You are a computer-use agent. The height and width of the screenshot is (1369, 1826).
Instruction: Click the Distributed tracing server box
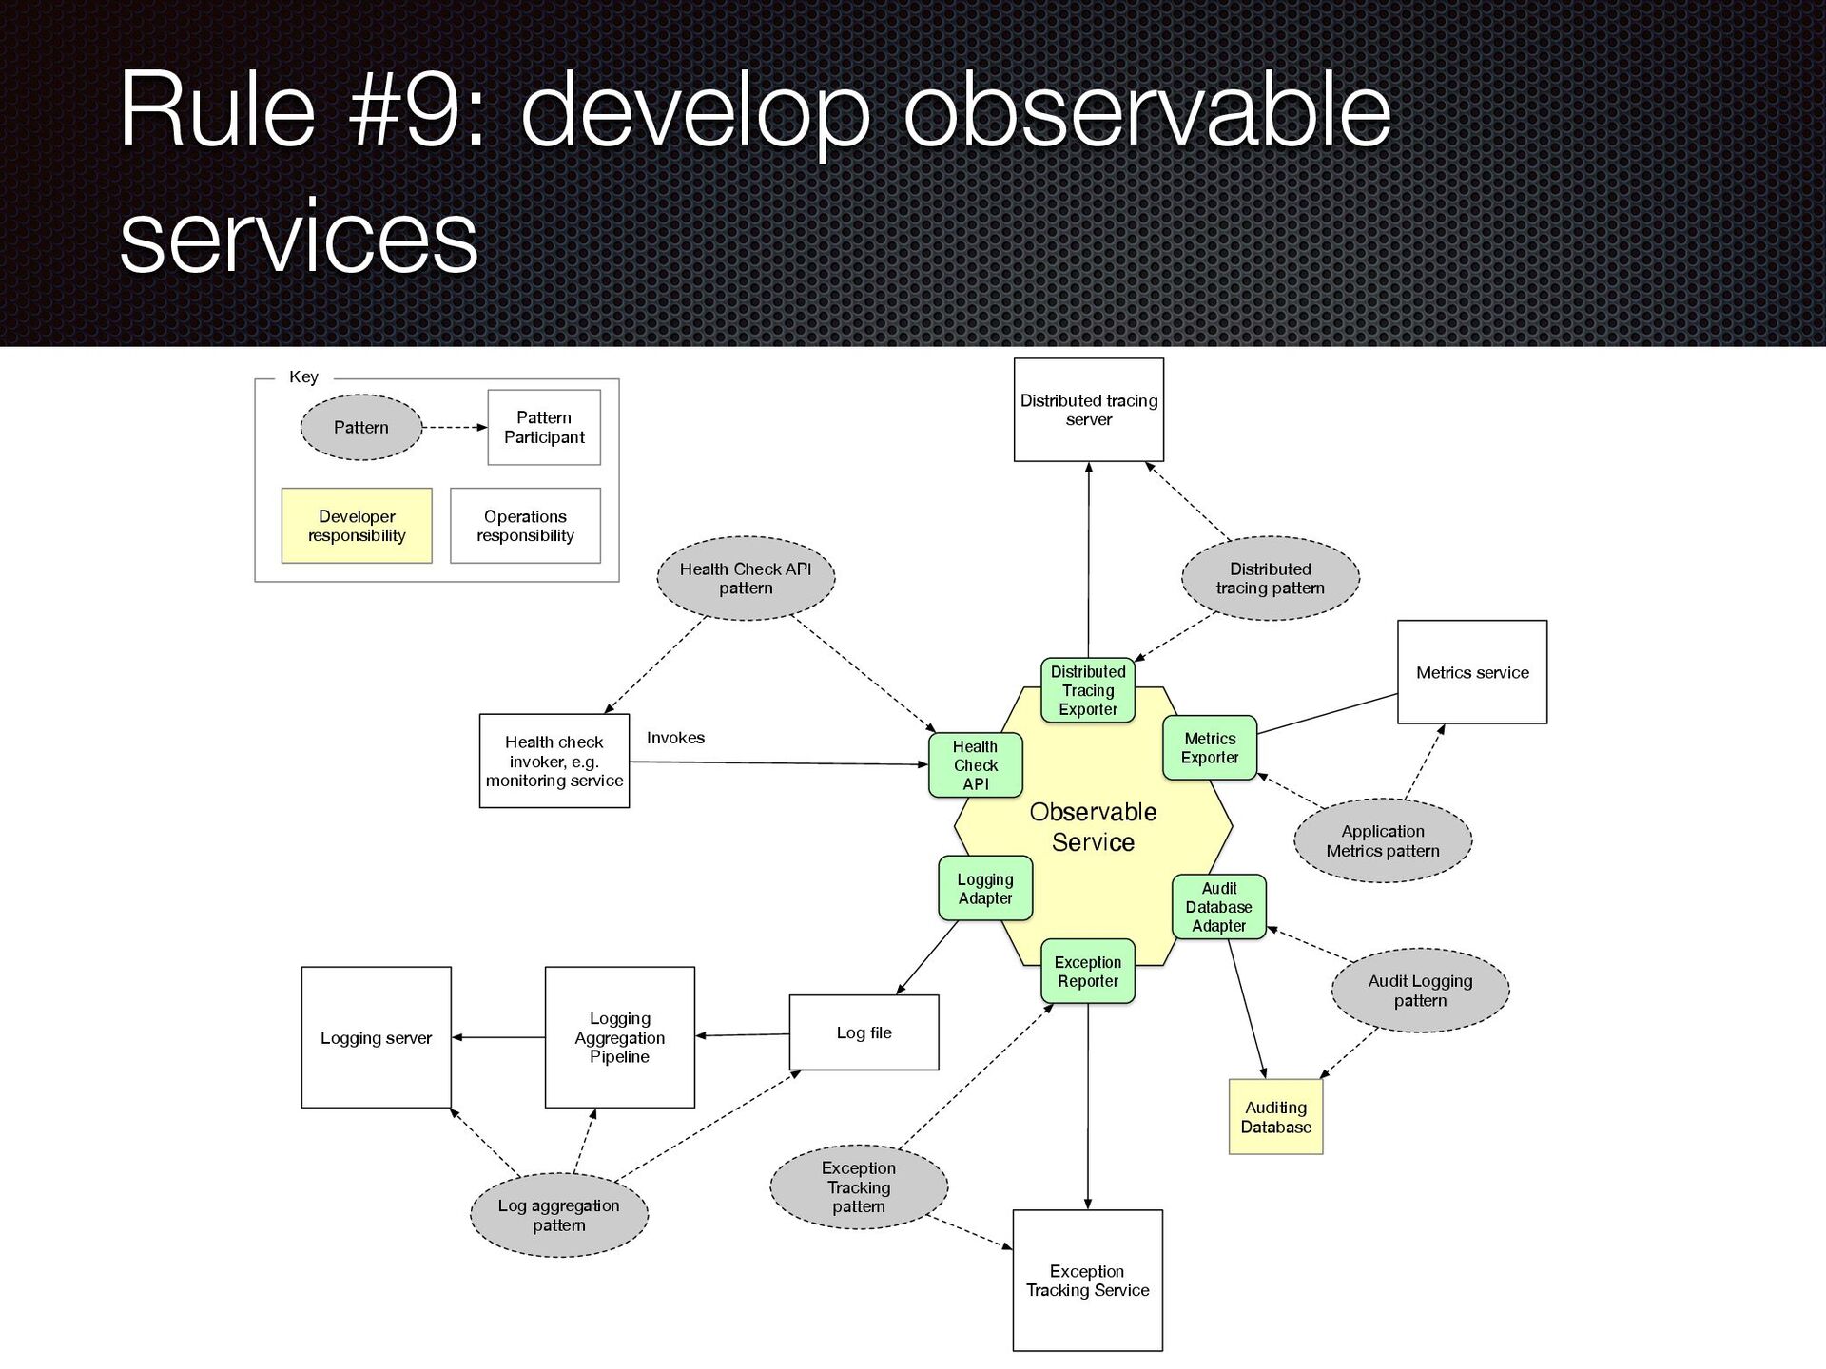1088,410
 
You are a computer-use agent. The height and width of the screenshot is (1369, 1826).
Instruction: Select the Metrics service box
1471,672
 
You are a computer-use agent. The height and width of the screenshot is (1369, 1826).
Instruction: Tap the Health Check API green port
975,764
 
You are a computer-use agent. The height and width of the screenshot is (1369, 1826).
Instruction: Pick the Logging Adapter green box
984,888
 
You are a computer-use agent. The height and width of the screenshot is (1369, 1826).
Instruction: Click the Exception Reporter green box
1088,972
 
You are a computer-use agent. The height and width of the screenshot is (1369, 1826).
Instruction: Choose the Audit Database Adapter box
1218,907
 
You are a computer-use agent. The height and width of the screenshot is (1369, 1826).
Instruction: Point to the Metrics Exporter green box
1209,747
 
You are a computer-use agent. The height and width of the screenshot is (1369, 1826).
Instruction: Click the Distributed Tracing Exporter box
1088,690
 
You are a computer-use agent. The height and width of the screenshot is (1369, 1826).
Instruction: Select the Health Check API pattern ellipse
746,578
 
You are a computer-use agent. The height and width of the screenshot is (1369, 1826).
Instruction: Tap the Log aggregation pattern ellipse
559,1215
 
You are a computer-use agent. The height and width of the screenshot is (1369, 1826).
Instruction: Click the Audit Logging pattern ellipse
1420,991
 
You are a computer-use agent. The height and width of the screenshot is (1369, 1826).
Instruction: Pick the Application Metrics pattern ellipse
1383,840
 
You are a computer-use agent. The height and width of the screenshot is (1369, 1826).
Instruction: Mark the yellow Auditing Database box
1275,1117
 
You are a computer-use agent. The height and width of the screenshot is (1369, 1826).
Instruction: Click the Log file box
864,1032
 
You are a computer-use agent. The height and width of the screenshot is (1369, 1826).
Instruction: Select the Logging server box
376,1037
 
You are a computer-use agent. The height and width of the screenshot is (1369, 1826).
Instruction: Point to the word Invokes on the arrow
675,738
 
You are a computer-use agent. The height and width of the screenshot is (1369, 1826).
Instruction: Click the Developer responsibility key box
357,526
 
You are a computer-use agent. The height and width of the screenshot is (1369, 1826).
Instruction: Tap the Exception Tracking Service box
1087,1281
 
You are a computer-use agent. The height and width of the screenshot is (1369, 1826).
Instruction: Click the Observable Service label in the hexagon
1093,826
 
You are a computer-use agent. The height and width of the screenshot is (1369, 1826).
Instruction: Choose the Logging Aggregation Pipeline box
619,1037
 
